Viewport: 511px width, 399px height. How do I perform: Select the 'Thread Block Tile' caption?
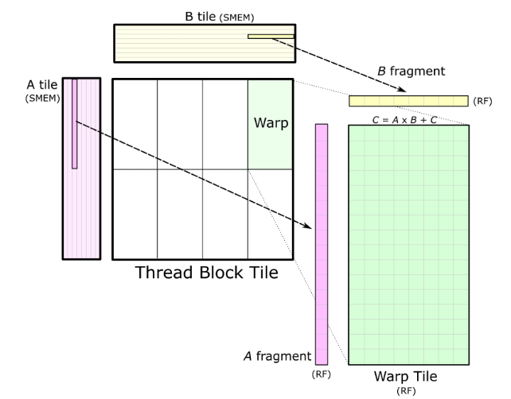click(x=206, y=273)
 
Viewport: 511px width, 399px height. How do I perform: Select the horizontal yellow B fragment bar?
click(x=408, y=101)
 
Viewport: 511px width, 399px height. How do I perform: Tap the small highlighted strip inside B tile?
click(x=271, y=36)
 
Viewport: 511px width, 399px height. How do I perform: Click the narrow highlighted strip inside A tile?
click(x=74, y=123)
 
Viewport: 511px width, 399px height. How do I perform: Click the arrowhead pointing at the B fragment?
click(x=403, y=89)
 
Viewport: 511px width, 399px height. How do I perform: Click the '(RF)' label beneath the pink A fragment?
click(x=322, y=372)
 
